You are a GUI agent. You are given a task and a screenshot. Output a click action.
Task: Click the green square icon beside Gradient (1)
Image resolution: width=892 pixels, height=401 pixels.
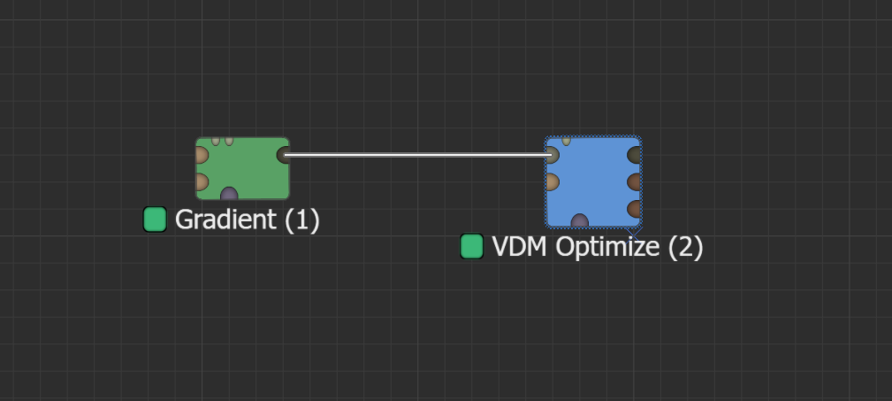[x=155, y=220]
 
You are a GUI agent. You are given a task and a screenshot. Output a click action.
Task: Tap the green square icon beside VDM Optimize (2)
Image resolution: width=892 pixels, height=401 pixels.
[x=472, y=246]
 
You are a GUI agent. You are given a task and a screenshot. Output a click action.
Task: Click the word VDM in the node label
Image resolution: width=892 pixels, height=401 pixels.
[x=520, y=246]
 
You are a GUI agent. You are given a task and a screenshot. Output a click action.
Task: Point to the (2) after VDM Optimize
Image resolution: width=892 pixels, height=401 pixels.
[x=685, y=246]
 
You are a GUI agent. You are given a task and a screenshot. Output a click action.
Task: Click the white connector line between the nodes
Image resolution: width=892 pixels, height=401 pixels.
[x=416, y=155]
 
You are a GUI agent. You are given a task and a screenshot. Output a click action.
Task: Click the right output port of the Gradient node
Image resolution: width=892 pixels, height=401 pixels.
[x=283, y=155]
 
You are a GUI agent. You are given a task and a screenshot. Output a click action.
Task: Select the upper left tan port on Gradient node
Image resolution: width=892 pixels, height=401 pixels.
[x=201, y=155]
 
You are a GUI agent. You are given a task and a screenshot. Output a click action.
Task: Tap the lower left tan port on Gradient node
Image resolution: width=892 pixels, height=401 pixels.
[x=201, y=182]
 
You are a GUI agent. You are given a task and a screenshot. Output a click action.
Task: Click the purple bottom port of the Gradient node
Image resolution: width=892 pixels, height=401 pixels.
[x=229, y=194]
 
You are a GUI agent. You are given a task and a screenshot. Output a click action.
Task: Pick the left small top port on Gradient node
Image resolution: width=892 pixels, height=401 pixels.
[x=216, y=140]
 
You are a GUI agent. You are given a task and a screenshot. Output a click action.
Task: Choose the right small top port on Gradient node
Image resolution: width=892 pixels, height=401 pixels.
[x=229, y=140]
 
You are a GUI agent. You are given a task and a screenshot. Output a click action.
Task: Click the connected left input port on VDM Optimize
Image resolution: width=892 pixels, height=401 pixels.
[x=552, y=155]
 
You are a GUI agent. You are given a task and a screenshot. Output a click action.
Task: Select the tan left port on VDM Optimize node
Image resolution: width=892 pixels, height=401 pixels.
[x=552, y=181]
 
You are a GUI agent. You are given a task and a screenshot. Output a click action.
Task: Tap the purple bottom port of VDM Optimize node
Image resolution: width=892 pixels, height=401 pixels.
[x=580, y=220]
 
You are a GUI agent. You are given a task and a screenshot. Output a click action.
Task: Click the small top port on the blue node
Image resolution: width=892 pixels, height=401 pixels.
[x=566, y=140]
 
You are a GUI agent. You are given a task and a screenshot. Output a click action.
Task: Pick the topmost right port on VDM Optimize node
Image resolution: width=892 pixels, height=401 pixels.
[x=634, y=155]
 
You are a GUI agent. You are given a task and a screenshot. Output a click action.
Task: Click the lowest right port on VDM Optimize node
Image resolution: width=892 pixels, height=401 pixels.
[x=634, y=209]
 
